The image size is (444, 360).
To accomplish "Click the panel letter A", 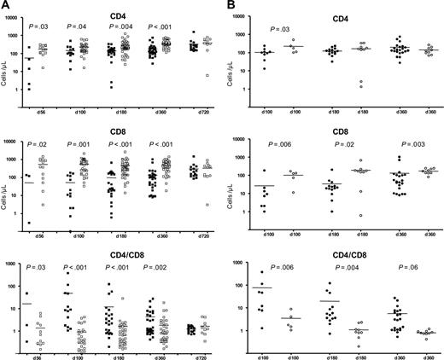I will [6, 6].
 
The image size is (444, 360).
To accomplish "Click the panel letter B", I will [232, 6].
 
